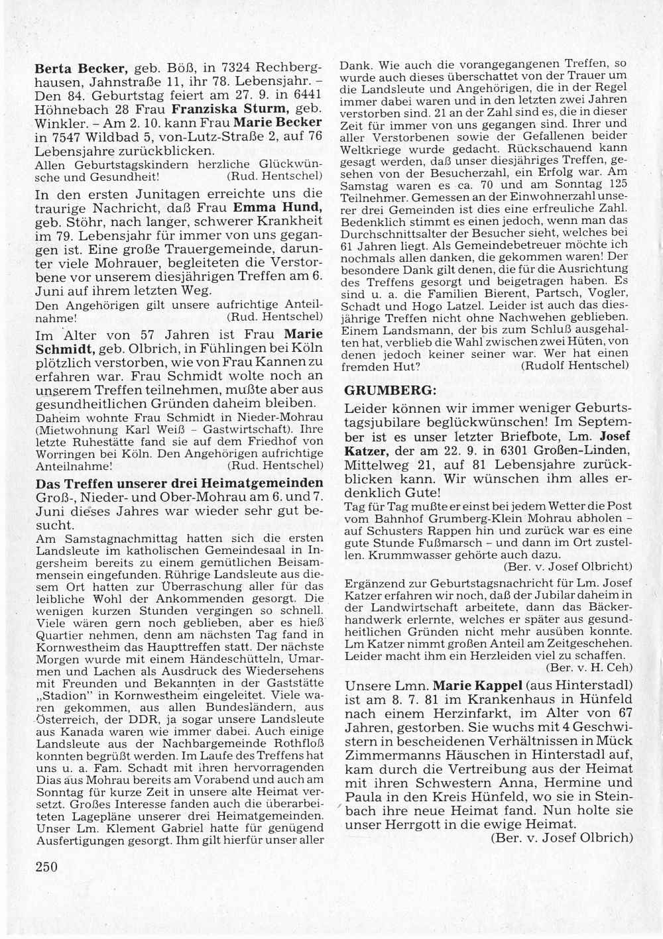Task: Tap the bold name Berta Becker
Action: pos(80,68)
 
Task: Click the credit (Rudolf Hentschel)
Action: pos(575,364)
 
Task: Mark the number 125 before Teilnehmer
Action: pos(617,185)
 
